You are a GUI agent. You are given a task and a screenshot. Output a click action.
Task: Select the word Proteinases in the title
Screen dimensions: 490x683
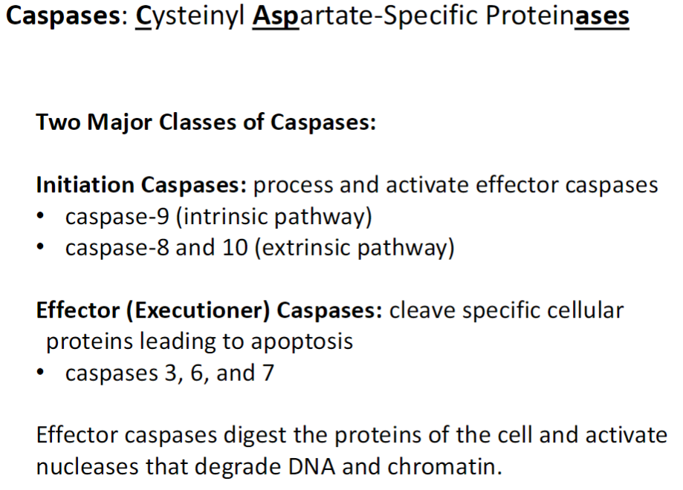point(551,16)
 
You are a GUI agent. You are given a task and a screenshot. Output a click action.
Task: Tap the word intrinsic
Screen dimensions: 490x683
point(223,217)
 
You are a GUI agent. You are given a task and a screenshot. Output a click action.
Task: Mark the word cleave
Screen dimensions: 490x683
point(421,310)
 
